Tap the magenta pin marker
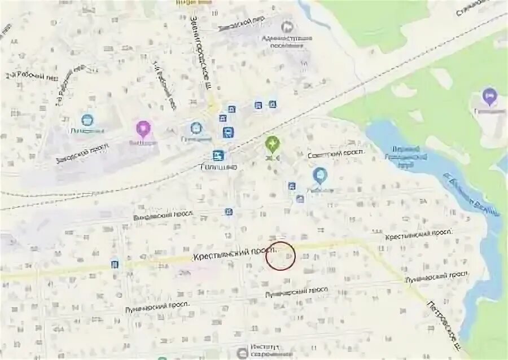[x=143, y=129]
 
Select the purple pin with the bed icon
[x=489, y=96]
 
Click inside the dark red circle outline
[x=281, y=256]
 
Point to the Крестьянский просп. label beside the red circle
[x=237, y=253]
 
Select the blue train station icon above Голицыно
[x=218, y=155]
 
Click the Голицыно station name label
[x=219, y=166]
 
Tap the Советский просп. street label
[x=337, y=153]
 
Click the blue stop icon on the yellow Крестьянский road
[x=115, y=264]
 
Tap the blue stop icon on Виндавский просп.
[x=229, y=212]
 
